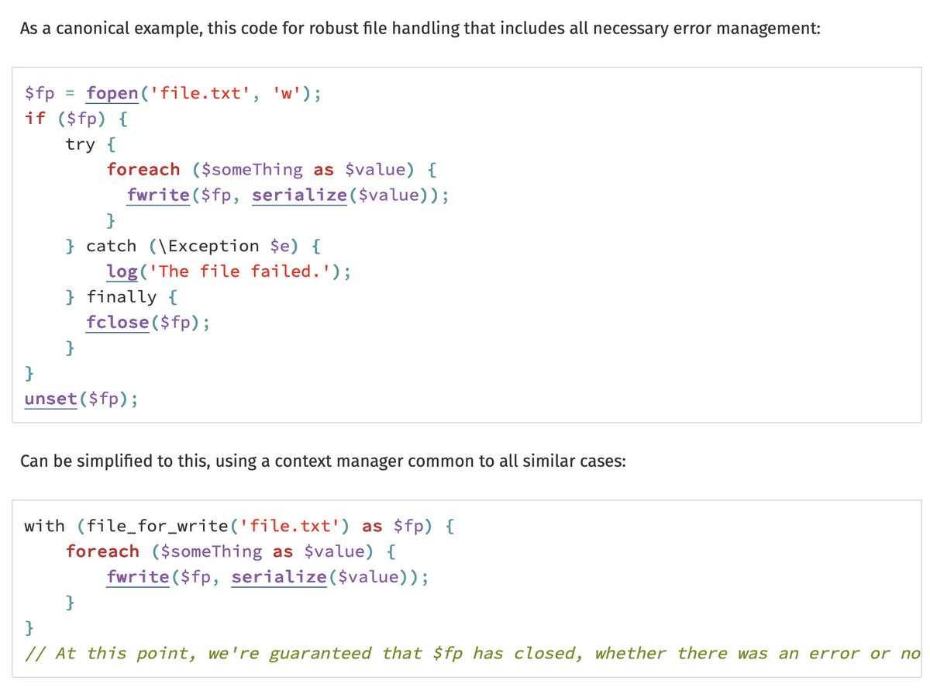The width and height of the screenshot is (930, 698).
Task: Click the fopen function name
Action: pos(112,94)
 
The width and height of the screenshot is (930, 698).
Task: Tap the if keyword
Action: pos(35,119)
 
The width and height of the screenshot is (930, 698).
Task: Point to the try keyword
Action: pos(81,144)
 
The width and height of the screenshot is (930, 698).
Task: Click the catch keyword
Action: pos(111,246)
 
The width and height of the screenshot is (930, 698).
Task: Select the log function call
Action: pos(122,271)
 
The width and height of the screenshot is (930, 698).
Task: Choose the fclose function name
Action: pos(117,323)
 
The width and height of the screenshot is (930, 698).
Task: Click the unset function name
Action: pos(50,399)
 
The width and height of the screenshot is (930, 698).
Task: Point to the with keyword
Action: pos(44,526)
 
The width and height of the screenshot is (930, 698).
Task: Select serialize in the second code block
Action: pos(279,577)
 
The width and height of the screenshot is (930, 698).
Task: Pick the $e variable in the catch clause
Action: pos(279,246)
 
